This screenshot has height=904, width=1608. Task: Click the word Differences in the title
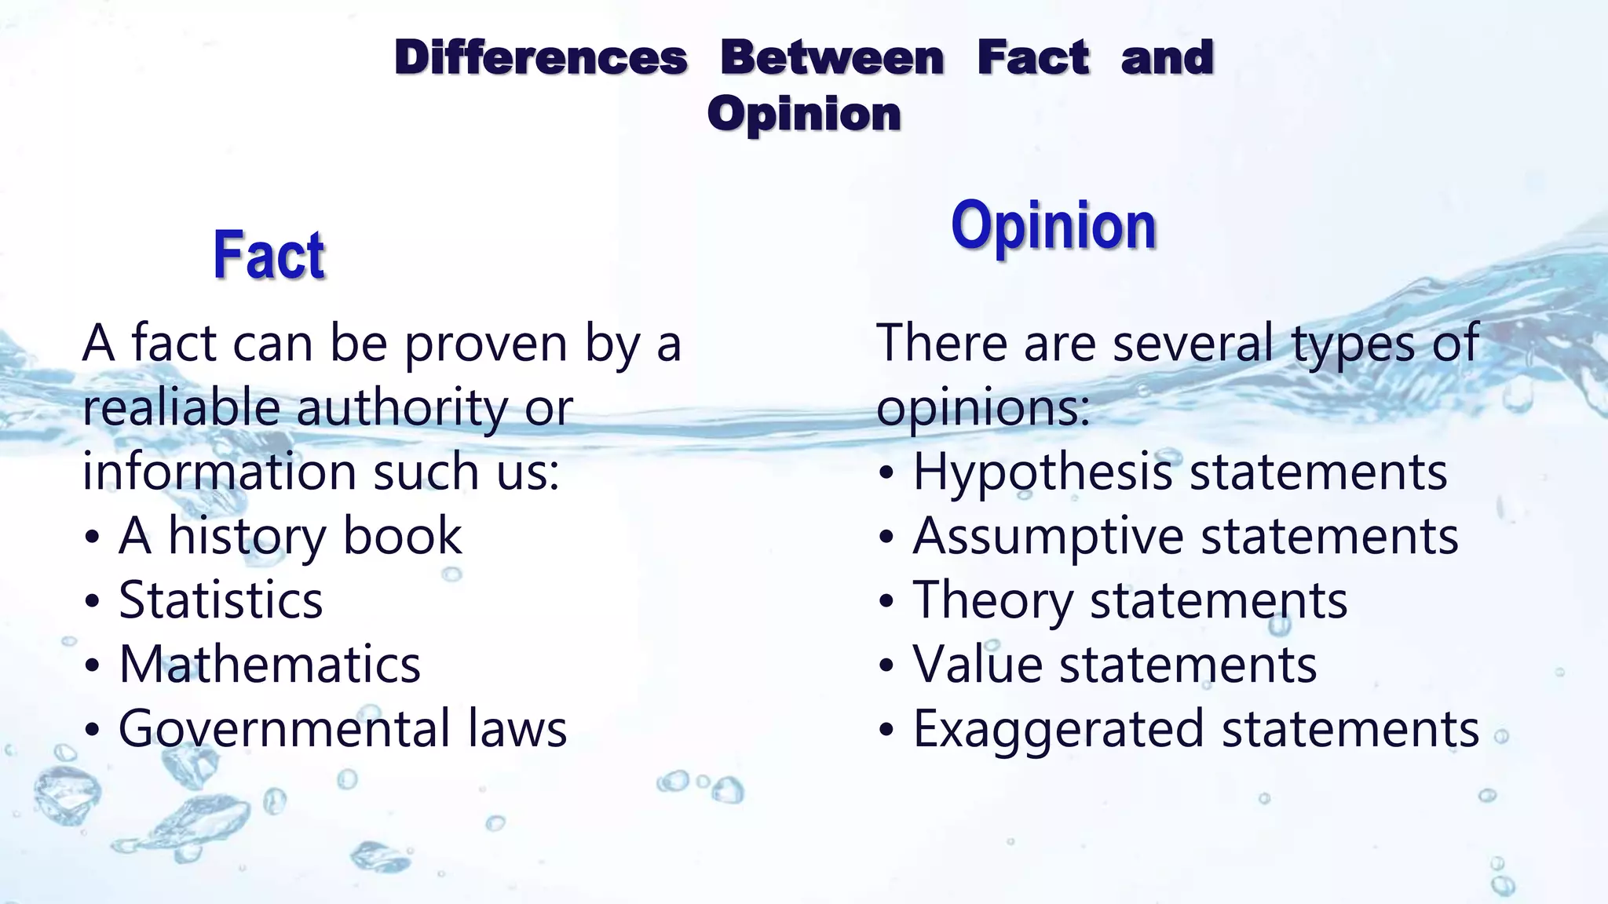pyautogui.click(x=541, y=58)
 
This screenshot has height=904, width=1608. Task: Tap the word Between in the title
pyautogui.click(x=832, y=58)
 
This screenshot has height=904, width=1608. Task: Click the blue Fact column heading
pyautogui.click(x=269, y=255)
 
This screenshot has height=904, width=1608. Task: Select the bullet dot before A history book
pyautogui.click(x=93, y=538)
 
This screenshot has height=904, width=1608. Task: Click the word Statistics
pyautogui.click(x=221, y=601)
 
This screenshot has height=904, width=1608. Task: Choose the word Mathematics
pyautogui.click(x=269, y=665)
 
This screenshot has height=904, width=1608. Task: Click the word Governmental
pyautogui.click(x=283, y=729)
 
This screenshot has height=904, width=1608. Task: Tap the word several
pyautogui.click(x=1193, y=344)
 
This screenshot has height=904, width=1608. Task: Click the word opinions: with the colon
pyautogui.click(x=983, y=410)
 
